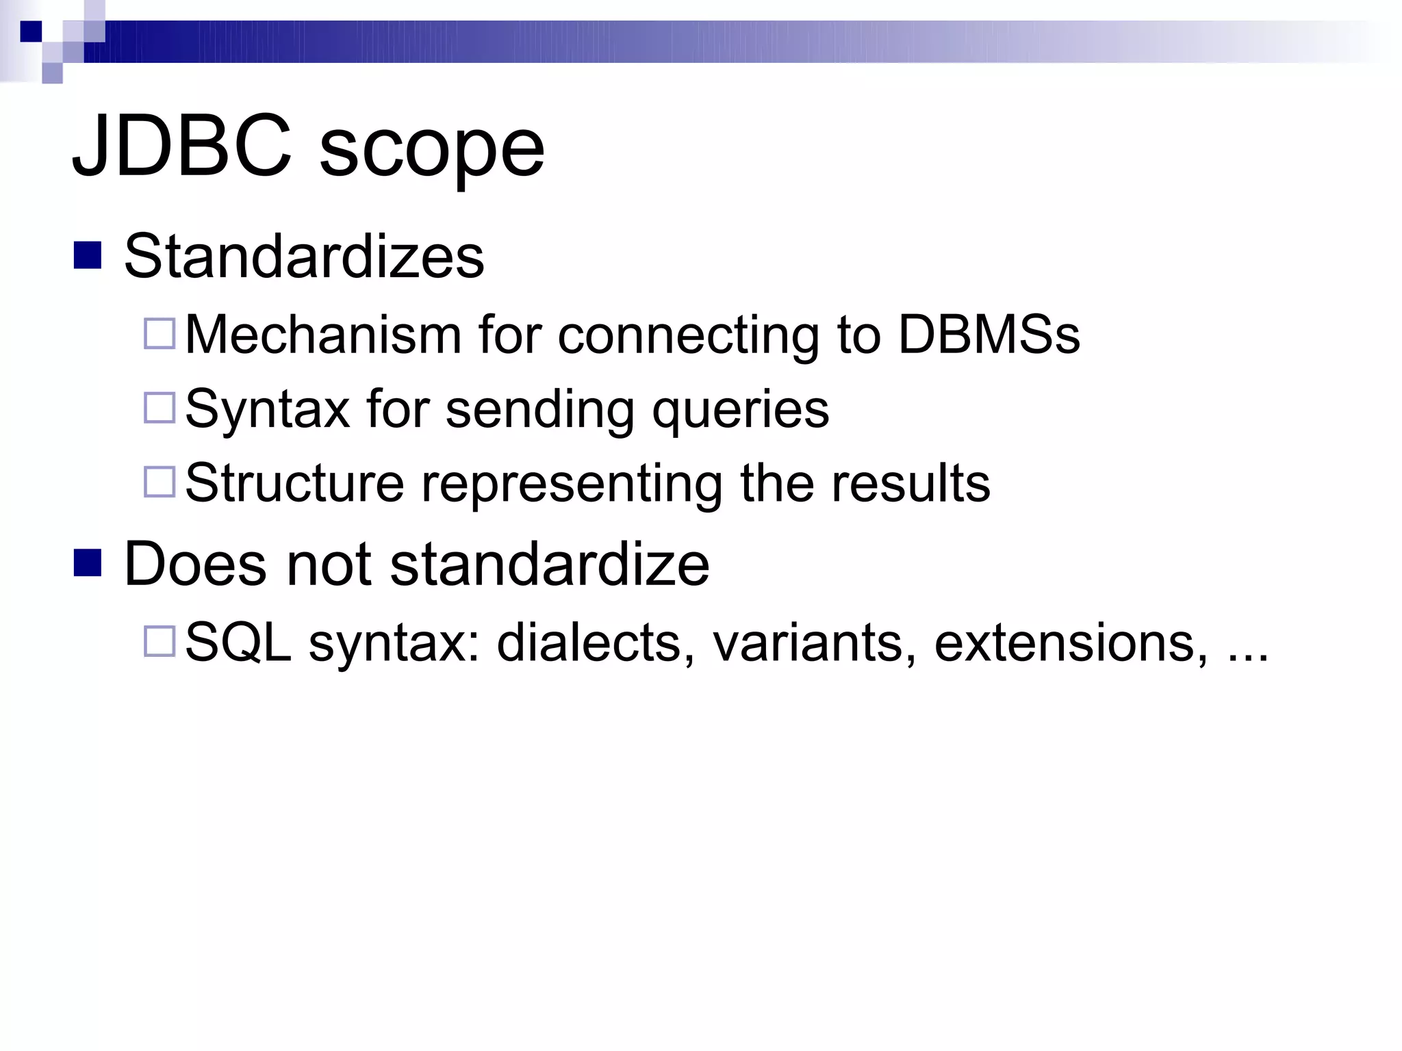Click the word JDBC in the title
[x=182, y=146]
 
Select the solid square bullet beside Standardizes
[x=88, y=255]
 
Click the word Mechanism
[x=323, y=335]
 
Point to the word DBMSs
[x=989, y=335]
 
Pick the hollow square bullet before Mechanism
[x=160, y=333]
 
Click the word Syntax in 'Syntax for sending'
[x=268, y=410]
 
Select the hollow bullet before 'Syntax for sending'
[x=160, y=407]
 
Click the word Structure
[x=294, y=483]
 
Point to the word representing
[x=572, y=485]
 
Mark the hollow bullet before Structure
[x=160, y=482]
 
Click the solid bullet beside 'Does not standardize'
[x=88, y=562]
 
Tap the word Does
[x=195, y=565]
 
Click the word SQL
[x=238, y=643]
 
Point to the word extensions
[x=1071, y=643]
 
